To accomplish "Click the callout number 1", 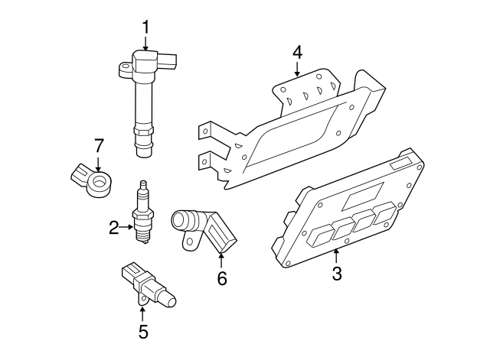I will coord(145,28).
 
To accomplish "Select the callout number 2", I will coord(113,227).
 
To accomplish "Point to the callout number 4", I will coord(297,52).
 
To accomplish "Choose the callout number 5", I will coord(142,331).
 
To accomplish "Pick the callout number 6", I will coord(221,279).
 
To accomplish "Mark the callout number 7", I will coord(98,144).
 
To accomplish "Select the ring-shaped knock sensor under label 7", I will coord(98,182).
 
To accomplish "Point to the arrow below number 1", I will coord(145,44).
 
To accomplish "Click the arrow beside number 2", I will coord(127,227).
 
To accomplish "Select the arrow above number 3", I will coord(336,255).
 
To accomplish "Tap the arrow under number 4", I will coord(297,71).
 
